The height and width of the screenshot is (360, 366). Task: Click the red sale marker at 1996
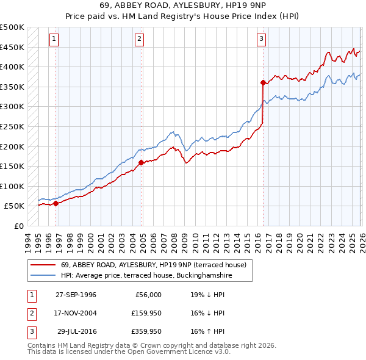(x=56, y=204)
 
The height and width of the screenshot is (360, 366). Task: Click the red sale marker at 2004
(x=141, y=162)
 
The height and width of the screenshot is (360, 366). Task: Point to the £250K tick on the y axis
(x=13, y=126)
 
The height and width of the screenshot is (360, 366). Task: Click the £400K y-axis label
(x=13, y=67)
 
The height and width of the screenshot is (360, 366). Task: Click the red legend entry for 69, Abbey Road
(x=153, y=265)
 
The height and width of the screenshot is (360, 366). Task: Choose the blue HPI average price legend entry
(x=146, y=276)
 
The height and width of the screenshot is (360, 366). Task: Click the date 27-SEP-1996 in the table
(x=76, y=295)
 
